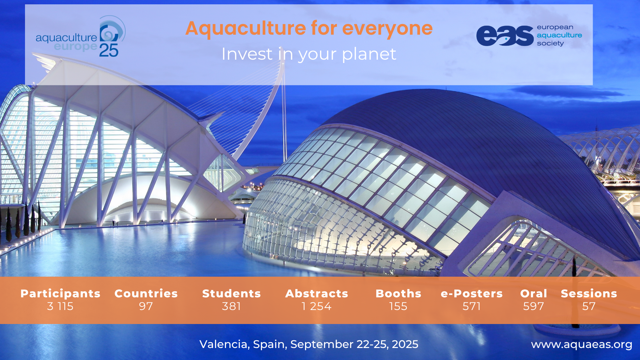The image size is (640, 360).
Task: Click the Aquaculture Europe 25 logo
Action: click(x=81, y=37)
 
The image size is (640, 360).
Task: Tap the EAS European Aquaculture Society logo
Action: click(x=529, y=35)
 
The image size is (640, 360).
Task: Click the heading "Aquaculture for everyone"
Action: click(x=309, y=28)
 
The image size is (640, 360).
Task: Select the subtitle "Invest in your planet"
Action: click(x=309, y=54)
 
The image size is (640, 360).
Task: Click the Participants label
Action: click(x=60, y=293)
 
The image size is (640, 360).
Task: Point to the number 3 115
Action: click(x=60, y=306)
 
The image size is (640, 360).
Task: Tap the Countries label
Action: click(x=146, y=293)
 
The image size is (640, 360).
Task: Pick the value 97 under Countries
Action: click(x=146, y=306)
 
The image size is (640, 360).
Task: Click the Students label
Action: click(x=231, y=293)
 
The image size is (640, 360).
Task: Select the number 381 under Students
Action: click(x=231, y=306)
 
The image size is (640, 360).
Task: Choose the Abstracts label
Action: click(x=317, y=293)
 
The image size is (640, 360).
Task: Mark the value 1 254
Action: click(x=317, y=306)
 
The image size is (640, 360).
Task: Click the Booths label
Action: click(x=398, y=293)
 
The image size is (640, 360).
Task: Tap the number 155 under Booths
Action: click(x=398, y=306)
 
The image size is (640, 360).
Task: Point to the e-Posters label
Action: click(x=472, y=293)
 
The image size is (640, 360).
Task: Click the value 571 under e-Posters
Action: click(x=472, y=306)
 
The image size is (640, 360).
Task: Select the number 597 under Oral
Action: click(x=534, y=306)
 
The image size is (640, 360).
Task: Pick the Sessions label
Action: click(x=589, y=293)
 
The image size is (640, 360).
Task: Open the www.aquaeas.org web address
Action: click(x=582, y=345)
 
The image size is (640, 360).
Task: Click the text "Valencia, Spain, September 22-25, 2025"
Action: click(x=309, y=344)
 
